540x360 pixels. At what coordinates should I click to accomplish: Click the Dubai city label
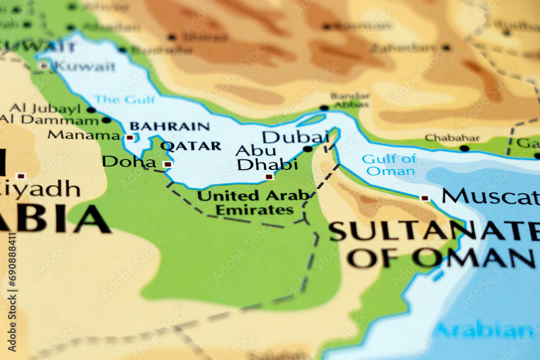[x=294, y=137]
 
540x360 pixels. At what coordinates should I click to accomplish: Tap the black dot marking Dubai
[x=307, y=149]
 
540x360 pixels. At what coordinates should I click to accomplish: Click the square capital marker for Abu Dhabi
[x=269, y=176]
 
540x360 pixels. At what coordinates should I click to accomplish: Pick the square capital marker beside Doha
[x=167, y=164]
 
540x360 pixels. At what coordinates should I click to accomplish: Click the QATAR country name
[x=191, y=146]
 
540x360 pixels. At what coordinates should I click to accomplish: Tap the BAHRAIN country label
[x=169, y=126]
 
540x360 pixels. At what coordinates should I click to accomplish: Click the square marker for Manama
[x=130, y=138]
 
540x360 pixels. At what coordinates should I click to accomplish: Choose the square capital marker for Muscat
[x=424, y=198]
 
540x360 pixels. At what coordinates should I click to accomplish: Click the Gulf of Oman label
[x=389, y=165]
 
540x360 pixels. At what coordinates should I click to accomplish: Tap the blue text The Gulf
[x=124, y=100]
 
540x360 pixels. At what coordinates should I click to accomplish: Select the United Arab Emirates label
[x=253, y=202]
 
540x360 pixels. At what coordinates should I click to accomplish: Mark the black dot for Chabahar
[x=464, y=148]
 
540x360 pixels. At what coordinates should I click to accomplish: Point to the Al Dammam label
[x=49, y=120]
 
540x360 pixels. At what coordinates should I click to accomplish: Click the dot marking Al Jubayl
[x=91, y=110]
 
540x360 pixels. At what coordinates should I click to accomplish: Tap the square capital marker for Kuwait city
[x=44, y=66]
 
